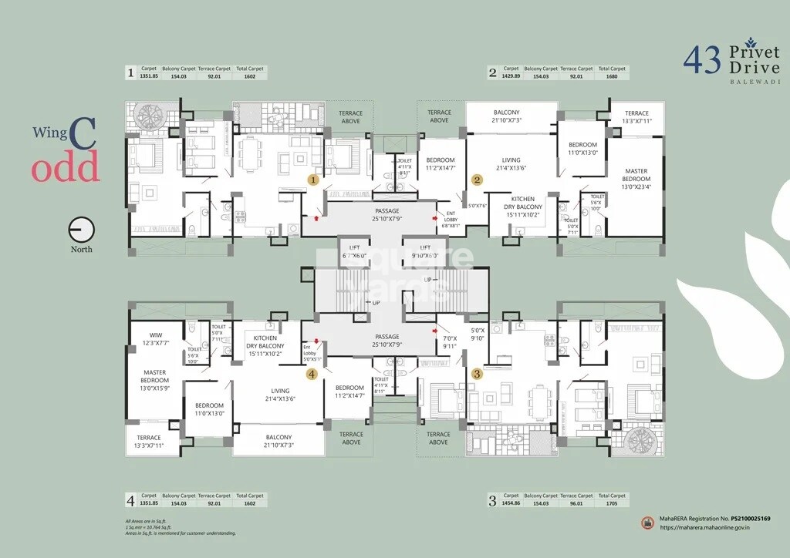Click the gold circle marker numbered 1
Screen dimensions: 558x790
click(313, 180)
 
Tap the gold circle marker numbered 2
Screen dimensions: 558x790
click(478, 180)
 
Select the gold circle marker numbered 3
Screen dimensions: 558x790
click(477, 374)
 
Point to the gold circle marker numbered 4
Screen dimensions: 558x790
click(312, 374)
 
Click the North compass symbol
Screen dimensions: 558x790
click(81, 230)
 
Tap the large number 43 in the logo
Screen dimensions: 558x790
click(702, 60)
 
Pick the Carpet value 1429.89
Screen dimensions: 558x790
click(511, 76)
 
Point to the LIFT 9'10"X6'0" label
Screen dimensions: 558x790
click(425, 251)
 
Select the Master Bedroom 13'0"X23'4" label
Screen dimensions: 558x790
click(636, 179)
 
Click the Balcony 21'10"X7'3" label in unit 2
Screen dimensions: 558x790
click(506, 116)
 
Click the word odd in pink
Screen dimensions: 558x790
click(66, 166)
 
